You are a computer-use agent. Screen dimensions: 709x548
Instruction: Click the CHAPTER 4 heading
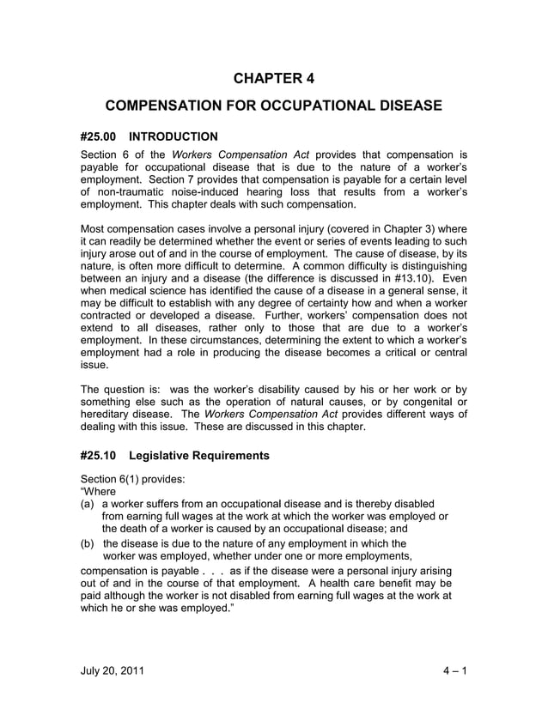pos(274,79)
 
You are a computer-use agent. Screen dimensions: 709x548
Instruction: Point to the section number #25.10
pos(98,456)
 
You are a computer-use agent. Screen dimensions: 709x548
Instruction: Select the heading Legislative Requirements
pos(199,456)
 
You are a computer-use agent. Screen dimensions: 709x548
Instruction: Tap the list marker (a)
pos(88,503)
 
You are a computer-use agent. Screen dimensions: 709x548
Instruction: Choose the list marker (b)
pos(88,543)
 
